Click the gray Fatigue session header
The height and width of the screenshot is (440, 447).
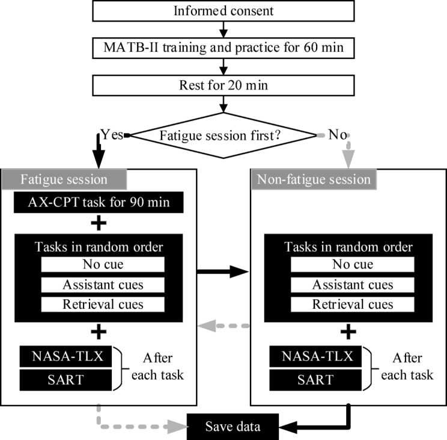click(65, 179)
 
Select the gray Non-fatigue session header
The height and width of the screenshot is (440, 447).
click(313, 179)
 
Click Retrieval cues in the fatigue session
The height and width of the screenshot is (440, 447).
click(103, 304)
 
